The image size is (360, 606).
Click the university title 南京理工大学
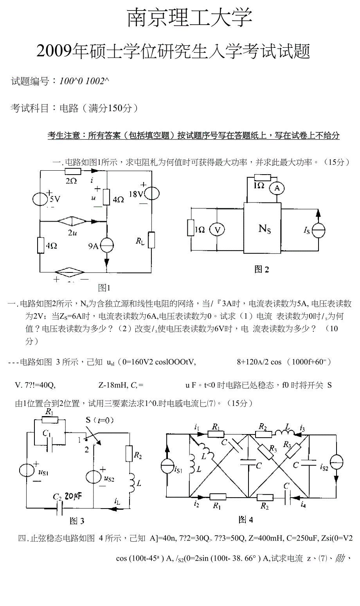[190, 18]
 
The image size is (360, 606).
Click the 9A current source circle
[106, 245]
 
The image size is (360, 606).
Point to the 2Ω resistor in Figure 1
[72, 171]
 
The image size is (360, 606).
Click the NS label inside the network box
[265, 228]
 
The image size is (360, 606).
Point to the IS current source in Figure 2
[318, 230]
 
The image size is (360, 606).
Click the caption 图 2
[262, 269]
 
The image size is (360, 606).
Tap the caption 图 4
[246, 520]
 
